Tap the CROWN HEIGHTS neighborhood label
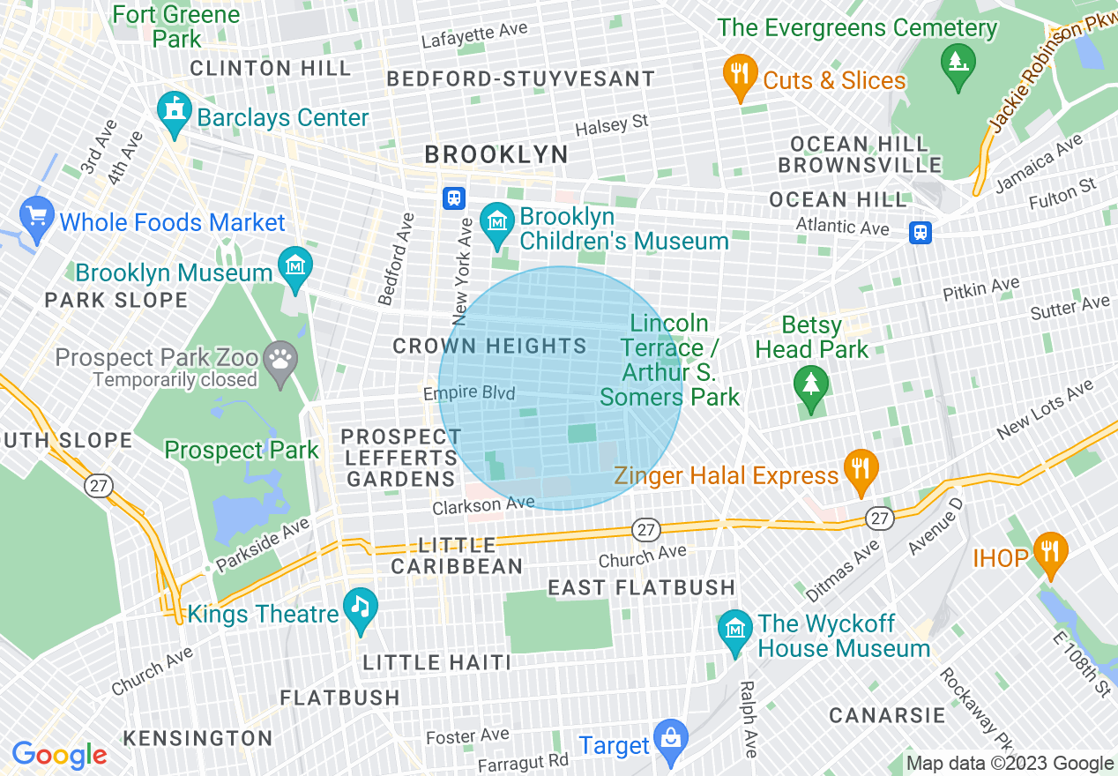(x=489, y=347)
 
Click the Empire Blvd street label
(x=468, y=393)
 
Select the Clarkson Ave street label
(x=483, y=505)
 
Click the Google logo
(x=59, y=756)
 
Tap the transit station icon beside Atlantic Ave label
(x=920, y=233)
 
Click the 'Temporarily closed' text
(x=175, y=380)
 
